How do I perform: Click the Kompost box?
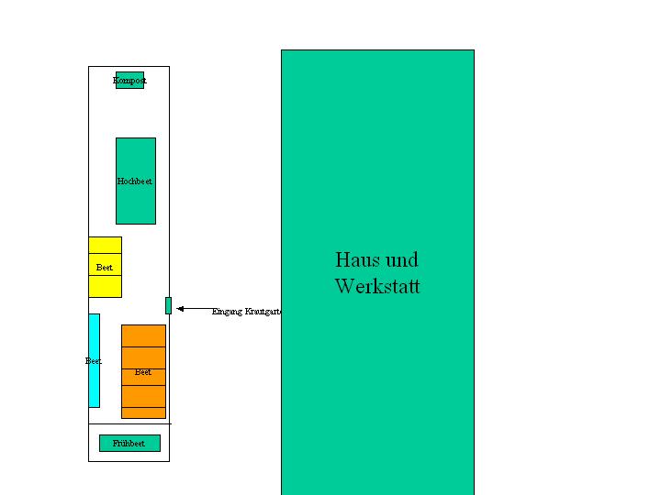[x=129, y=81]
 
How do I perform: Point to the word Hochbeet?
[x=135, y=181]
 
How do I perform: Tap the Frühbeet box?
[x=129, y=444]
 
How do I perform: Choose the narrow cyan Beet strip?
[x=94, y=385]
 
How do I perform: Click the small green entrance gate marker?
[x=168, y=305]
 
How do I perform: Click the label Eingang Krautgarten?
[x=246, y=312]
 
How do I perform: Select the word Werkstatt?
[x=377, y=286]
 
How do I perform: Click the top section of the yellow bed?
[x=105, y=245]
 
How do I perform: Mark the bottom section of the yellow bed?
[x=105, y=286]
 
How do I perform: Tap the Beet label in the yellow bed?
[x=105, y=268]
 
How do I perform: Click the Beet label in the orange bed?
[x=143, y=372]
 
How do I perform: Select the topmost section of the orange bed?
[x=143, y=335]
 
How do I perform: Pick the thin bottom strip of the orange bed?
[x=143, y=412]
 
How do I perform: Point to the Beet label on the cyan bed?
[x=93, y=361]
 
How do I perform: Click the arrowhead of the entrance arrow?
[x=180, y=309]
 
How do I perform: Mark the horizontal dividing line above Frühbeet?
[x=129, y=423]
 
